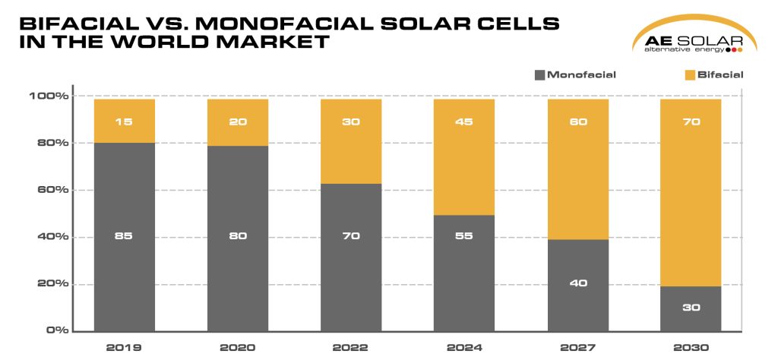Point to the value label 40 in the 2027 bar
(577, 283)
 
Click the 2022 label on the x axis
(350, 347)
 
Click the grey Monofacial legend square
(539, 75)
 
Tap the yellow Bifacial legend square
(690, 75)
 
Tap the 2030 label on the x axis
(690, 347)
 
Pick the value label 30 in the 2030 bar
(690, 308)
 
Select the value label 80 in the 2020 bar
(237, 235)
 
